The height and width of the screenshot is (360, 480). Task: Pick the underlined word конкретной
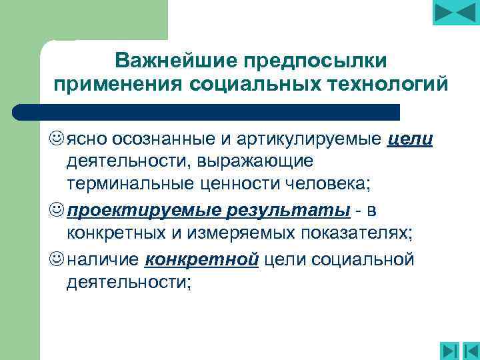(201, 258)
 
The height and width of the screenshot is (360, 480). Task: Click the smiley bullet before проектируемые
(57, 211)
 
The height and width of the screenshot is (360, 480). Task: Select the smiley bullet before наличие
(57, 258)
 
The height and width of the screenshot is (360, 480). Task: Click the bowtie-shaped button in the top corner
(456, 13)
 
